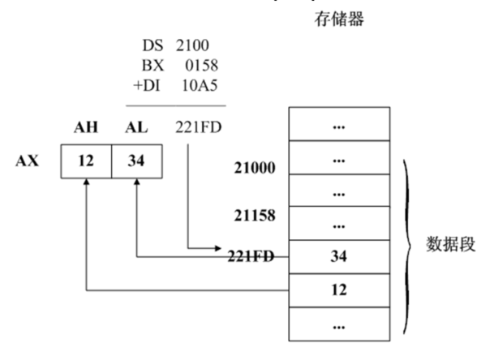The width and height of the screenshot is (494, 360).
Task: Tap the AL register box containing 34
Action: [135, 161]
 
